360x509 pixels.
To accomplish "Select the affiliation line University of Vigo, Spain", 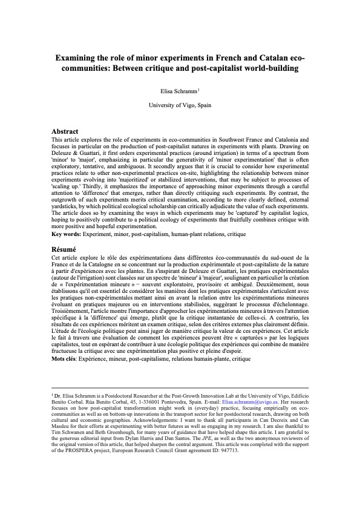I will pos(180,105).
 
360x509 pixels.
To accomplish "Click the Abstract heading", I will pos(65,131).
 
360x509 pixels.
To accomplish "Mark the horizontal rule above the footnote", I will pos(180,388).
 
